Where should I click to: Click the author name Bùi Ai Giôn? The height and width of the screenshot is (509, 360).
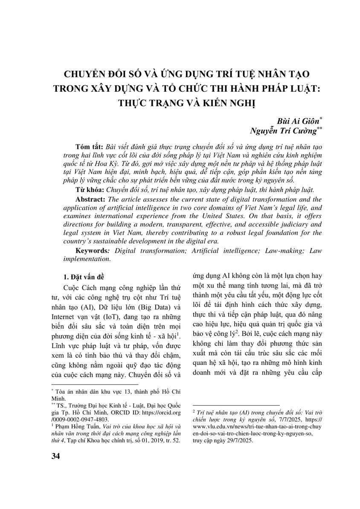coord(297,122)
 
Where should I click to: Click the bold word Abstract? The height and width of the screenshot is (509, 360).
coord(91,199)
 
